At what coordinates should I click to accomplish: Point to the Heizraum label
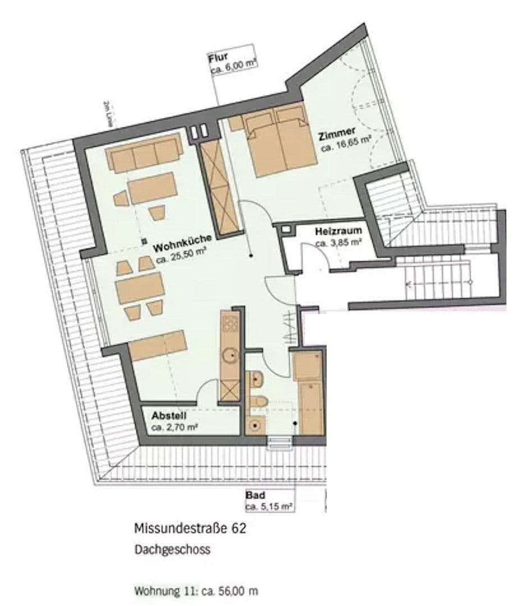point(337,231)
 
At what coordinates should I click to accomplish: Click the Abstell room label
point(169,416)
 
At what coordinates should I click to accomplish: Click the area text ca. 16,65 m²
point(346,148)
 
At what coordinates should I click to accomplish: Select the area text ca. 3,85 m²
point(338,243)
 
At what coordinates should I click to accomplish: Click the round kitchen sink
point(230,355)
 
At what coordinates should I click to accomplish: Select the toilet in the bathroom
point(258,401)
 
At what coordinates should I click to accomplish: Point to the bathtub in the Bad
point(310,407)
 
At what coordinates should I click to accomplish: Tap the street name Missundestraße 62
point(189,529)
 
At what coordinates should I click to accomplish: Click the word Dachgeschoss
point(172,549)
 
